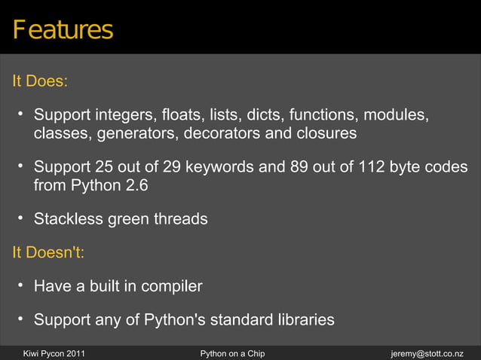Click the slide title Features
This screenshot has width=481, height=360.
pos(62,30)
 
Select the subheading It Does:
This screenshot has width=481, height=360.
pos(40,81)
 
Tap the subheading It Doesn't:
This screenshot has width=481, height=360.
pos(47,252)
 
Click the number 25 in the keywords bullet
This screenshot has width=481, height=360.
pos(103,167)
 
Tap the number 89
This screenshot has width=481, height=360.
pos(299,167)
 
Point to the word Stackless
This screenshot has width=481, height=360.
pos(66,219)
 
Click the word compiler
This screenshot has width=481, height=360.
pos(169,286)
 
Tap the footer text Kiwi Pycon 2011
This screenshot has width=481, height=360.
pos(54,352)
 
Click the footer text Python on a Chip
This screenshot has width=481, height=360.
pos(232,352)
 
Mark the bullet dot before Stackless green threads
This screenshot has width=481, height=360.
pos(22,218)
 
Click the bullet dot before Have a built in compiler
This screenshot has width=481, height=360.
pos(22,285)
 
